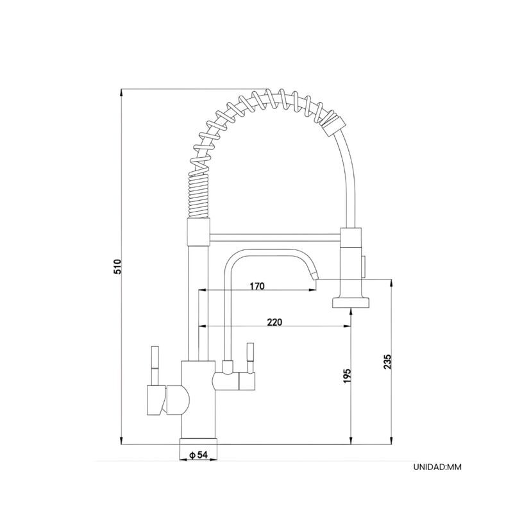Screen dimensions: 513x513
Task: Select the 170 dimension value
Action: [257, 286]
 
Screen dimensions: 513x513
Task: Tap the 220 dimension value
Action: [274, 323]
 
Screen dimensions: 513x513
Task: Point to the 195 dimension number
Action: [347, 376]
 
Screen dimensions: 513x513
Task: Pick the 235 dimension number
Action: [387, 362]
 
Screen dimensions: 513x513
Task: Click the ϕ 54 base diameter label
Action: [199, 455]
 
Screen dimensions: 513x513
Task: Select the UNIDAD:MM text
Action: [437, 467]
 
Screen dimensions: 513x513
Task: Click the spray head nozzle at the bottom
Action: [351, 303]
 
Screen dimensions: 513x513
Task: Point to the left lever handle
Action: [155, 366]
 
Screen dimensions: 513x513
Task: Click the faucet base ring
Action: [198, 442]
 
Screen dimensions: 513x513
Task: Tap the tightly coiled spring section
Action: [198, 196]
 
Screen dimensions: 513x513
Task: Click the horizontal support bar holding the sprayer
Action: [275, 238]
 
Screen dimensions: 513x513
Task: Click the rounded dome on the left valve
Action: [178, 399]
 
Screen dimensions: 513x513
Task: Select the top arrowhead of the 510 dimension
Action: [121, 92]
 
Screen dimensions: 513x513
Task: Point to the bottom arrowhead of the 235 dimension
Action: [391, 441]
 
